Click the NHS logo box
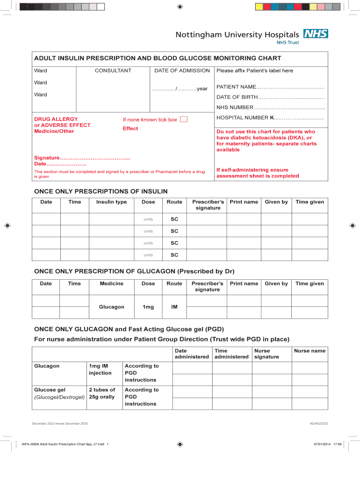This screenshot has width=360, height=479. (x=316, y=34)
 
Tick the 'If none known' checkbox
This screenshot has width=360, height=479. (x=184, y=119)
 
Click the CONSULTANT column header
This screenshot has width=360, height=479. (x=113, y=71)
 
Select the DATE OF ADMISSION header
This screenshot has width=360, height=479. (x=182, y=71)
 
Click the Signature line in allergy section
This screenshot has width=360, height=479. (x=82, y=158)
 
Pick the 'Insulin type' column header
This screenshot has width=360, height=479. (x=111, y=202)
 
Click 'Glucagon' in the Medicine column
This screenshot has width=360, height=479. (x=111, y=307)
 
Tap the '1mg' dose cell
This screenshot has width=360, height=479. (x=148, y=307)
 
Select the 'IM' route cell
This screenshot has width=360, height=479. (x=174, y=307)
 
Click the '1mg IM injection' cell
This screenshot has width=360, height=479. (x=100, y=370)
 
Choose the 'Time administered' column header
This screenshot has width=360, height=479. (x=231, y=354)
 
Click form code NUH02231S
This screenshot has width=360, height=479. (x=319, y=423)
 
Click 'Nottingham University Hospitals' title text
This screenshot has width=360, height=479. (x=237, y=35)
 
